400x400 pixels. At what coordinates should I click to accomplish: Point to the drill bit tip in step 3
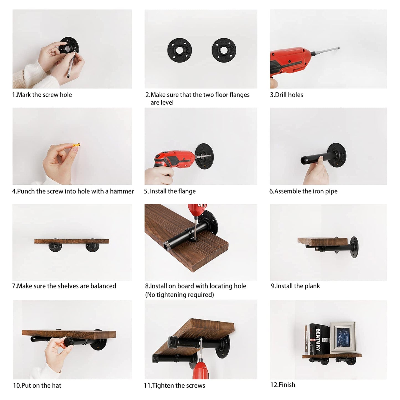[339, 48]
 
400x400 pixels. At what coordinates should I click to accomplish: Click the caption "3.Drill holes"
[287, 95]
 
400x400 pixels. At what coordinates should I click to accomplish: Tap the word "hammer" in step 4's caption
[122, 191]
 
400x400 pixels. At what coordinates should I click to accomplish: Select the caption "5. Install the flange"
[170, 191]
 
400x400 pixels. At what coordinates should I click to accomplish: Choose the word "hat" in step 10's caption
[56, 386]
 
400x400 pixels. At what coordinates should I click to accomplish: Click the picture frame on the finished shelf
[342, 337]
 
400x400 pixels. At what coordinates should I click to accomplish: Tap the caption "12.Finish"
[283, 385]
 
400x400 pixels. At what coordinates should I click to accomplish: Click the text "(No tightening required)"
[179, 295]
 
